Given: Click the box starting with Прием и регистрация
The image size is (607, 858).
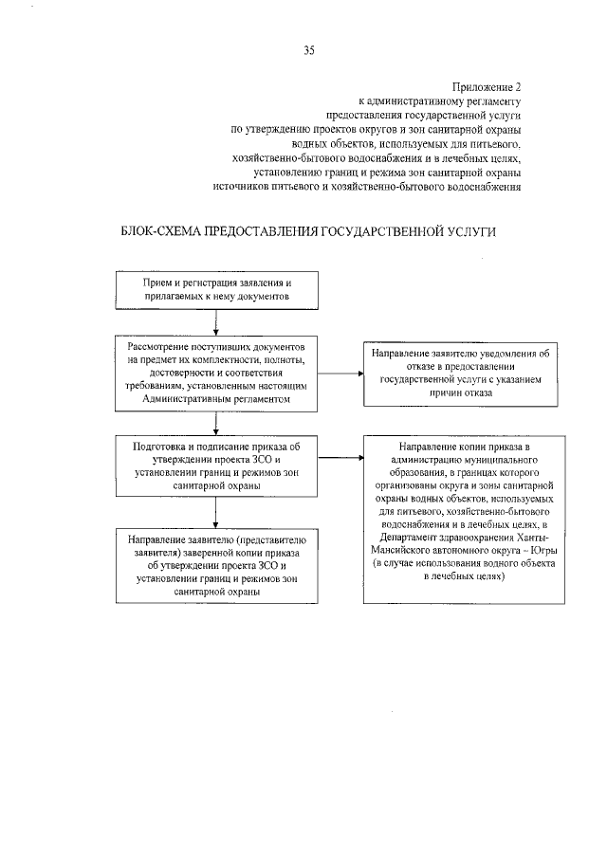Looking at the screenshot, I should click(x=216, y=290).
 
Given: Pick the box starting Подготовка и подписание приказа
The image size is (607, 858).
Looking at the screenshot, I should click(x=216, y=465).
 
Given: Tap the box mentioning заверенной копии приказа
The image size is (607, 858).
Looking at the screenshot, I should click(x=216, y=564).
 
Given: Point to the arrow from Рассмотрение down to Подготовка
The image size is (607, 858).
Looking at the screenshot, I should click(x=217, y=423).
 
